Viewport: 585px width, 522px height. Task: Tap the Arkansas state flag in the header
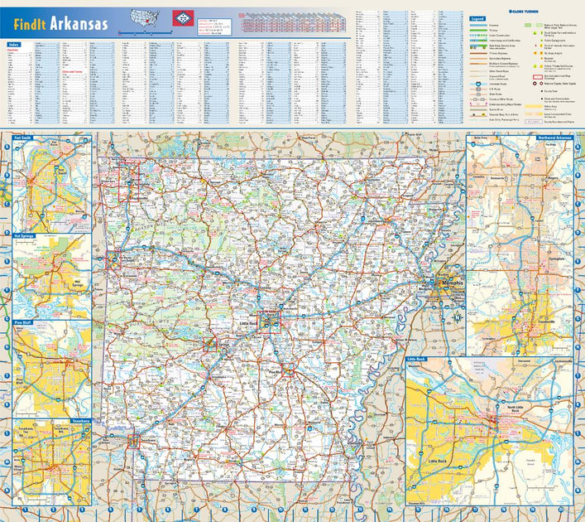pos(180,17)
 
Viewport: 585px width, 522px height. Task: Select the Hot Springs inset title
pos(26,236)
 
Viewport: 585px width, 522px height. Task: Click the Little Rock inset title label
pos(417,360)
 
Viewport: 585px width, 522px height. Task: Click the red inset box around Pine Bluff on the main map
pos(290,370)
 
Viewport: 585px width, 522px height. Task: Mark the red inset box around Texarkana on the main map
pos(134,440)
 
